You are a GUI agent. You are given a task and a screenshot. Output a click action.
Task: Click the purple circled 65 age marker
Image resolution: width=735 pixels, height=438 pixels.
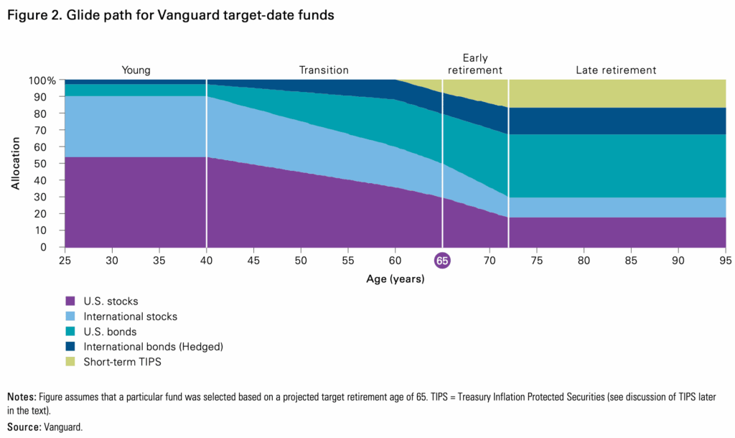[x=442, y=261]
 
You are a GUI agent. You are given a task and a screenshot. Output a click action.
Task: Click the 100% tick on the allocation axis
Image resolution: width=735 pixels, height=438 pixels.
[x=42, y=80]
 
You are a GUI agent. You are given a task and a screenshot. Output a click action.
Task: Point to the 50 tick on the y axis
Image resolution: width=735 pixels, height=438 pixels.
[x=49, y=164]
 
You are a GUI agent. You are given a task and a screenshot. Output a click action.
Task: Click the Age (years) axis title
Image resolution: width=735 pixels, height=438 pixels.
[x=395, y=279]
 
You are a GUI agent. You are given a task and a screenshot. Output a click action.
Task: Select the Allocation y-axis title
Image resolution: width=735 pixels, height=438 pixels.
[x=16, y=164]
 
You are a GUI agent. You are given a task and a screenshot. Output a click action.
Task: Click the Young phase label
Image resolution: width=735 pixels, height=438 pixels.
[x=136, y=70]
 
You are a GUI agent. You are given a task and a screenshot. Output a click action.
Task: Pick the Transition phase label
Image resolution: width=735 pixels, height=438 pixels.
[x=324, y=70]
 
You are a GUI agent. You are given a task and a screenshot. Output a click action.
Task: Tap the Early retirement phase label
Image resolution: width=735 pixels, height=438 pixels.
[x=474, y=64]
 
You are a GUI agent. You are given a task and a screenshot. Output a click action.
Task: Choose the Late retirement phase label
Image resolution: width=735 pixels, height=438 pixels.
[x=616, y=70]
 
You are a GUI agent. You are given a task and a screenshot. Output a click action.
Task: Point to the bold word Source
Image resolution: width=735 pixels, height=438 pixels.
[x=23, y=427]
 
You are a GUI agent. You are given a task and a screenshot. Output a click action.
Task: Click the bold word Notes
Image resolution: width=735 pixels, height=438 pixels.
[x=21, y=396]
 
